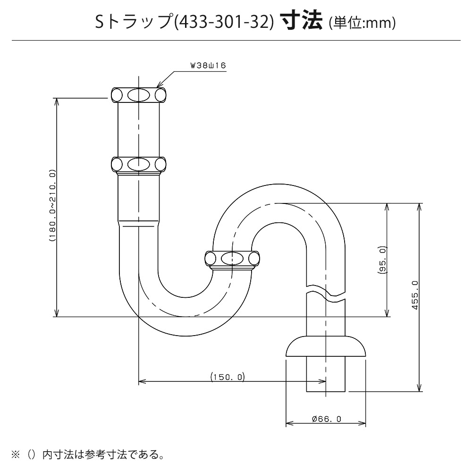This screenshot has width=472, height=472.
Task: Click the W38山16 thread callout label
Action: click(x=208, y=66)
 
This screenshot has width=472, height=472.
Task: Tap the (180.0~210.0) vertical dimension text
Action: click(x=52, y=206)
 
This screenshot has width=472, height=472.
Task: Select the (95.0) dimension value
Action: click(x=382, y=260)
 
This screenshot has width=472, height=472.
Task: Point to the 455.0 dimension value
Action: click(x=415, y=295)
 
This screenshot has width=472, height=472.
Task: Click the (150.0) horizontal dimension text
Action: click(x=228, y=377)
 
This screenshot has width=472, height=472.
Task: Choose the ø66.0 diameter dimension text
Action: click(x=327, y=419)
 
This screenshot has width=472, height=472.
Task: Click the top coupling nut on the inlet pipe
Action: click(x=138, y=95)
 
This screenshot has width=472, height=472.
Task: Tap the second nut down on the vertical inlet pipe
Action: click(x=138, y=165)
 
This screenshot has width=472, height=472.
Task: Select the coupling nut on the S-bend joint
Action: click(x=232, y=260)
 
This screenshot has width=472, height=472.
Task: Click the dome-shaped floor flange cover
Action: click(x=326, y=346)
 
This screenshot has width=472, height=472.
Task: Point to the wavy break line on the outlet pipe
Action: click(x=326, y=293)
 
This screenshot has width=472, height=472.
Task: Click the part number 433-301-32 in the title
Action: click(x=224, y=23)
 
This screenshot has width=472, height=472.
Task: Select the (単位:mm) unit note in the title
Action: click(x=362, y=23)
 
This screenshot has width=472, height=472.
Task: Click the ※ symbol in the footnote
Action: click(x=15, y=454)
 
